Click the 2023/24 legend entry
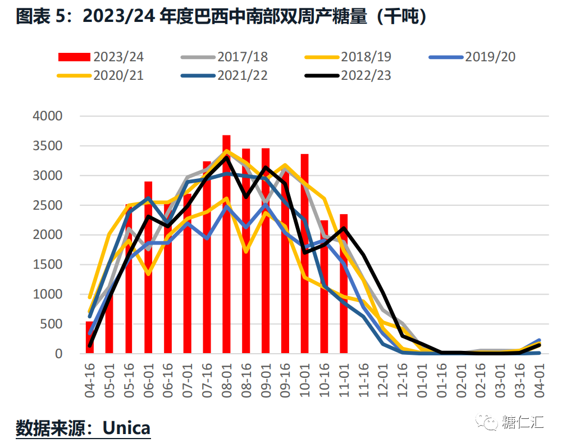101,57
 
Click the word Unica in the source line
126,428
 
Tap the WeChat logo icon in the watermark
486,422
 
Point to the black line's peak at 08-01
226,157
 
